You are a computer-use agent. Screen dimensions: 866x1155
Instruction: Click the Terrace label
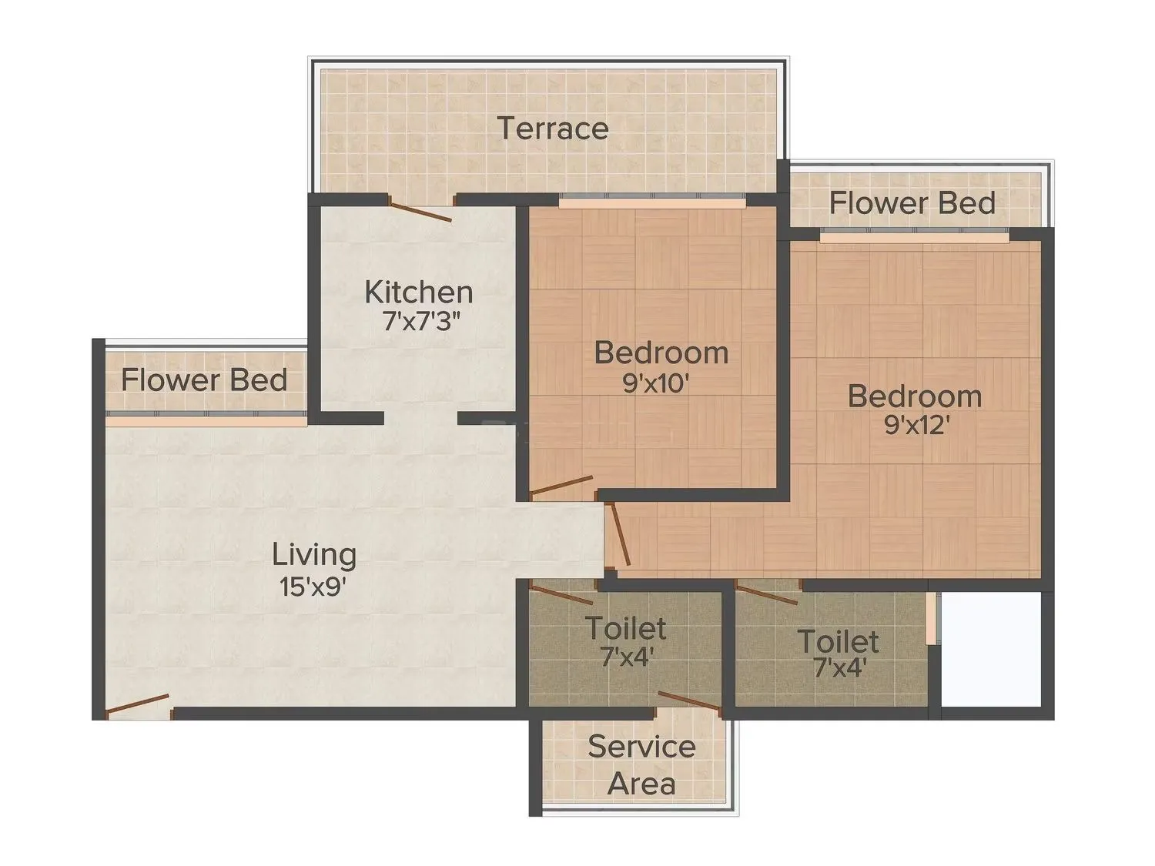(x=552, y=129)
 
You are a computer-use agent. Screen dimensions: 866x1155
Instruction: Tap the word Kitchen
(x=418, y=293)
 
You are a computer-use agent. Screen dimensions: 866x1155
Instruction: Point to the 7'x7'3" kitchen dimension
(x=421, y=321)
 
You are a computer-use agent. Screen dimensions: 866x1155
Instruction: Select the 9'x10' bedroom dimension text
(x=654, y=383)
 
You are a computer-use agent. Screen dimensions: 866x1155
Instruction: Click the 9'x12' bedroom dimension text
(x=916, y=425)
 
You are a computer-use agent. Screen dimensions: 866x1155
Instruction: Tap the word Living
(x=314, y=554)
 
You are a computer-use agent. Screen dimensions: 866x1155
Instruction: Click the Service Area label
(x=641, y=765)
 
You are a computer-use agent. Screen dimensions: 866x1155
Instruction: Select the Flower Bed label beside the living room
(x=204, y=380)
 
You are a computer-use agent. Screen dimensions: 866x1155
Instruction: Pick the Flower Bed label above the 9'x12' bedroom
(x=912, y=203)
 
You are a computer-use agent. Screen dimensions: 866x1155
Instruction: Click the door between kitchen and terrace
(x=420, y=209)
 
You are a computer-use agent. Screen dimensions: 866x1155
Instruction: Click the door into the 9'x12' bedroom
(x=619, y=534)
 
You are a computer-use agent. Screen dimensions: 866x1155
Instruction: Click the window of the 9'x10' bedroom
(x=652, y=202)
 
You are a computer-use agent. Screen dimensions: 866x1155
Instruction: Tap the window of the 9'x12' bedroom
(x=914, y=238)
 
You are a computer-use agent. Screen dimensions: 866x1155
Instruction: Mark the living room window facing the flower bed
(x=206, y=419)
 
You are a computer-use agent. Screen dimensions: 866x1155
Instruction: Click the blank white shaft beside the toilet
(x=991, y=649)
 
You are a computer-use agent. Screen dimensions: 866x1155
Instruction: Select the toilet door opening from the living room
(x=561, y=593)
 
